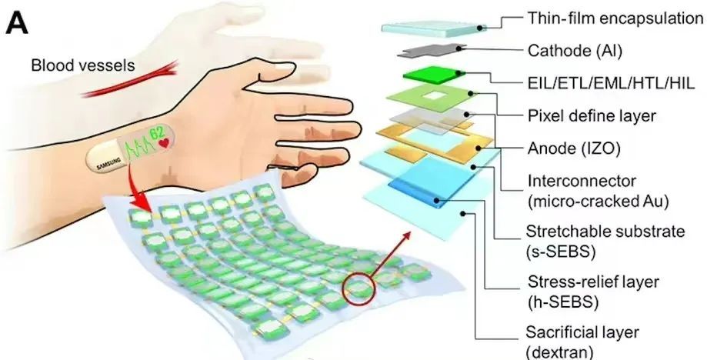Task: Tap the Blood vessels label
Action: [83, 65]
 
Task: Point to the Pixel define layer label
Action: [590, 116]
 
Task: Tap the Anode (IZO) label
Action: [570, 148]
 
